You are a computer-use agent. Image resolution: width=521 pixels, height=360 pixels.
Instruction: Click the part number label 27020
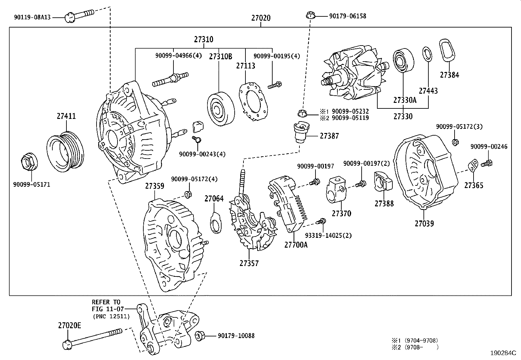tap(261, 18)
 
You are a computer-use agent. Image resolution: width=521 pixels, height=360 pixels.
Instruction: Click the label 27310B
tap(221, 57)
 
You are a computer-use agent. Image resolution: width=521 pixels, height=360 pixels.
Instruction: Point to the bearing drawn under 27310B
tap(221, 109)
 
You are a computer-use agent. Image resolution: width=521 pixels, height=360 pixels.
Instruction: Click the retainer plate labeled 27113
tap(253, 99)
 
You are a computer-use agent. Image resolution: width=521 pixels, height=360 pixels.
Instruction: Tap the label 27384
tap(449, 75)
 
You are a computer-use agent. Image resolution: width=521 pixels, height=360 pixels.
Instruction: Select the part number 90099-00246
tap(489, 147)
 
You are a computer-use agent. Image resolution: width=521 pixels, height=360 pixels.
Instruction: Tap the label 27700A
tap(296, 245)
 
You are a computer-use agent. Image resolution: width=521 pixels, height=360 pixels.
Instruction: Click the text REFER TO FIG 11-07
tap(106, 305)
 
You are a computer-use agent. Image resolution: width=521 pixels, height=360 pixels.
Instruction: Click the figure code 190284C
tap(502, 353)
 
